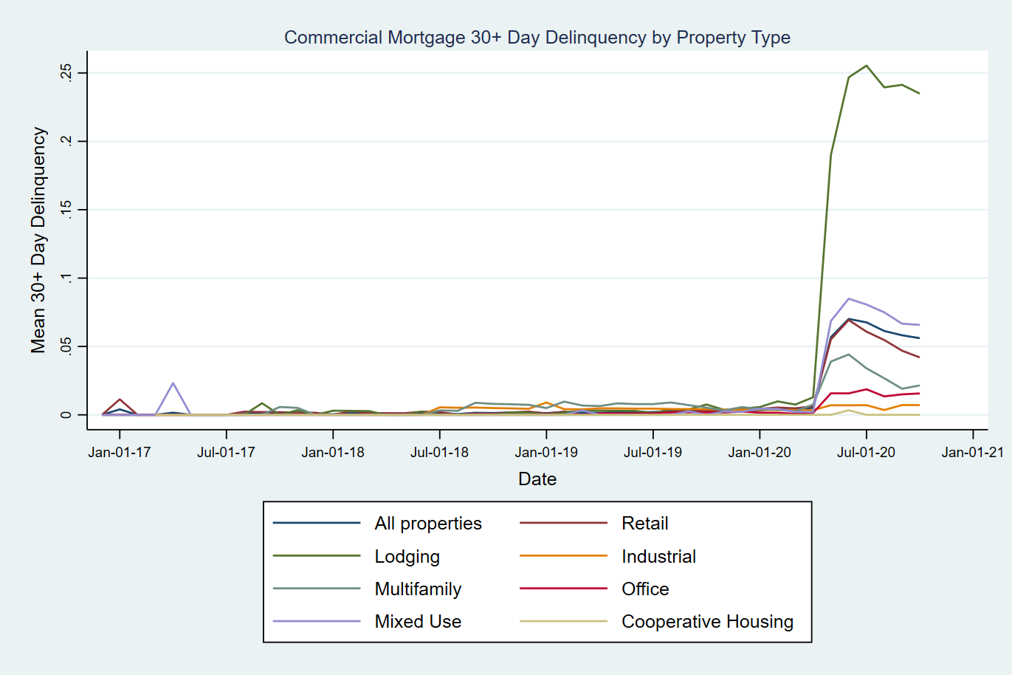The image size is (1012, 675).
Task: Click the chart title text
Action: (537, 38)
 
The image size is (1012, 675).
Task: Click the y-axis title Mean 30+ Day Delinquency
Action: (38, 240)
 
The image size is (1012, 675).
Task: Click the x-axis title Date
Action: (537, 479)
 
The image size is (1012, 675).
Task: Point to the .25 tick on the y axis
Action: (66, 72)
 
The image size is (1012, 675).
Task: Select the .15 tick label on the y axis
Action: (66, 210)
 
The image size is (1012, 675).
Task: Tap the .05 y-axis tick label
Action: (66, 346)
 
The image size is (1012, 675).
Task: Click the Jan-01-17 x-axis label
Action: (119, 452)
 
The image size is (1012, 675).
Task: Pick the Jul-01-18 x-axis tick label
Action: (439, 452)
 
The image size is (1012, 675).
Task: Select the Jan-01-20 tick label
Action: (759, 452)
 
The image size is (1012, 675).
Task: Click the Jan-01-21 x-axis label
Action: (972, 452)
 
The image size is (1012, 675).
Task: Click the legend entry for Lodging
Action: (407, 557)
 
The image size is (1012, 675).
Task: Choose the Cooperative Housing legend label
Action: (707, 622)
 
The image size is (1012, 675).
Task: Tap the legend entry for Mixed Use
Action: (418, 622)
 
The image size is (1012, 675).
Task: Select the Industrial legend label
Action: (658, 557)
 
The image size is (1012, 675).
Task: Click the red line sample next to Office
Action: (563, 589)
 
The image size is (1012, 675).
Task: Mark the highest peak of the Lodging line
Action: (866, 66)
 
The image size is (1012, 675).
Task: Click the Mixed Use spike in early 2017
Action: (173, 383)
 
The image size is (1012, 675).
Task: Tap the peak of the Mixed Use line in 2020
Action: (849, 299)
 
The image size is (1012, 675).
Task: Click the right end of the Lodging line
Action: (919, 93)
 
